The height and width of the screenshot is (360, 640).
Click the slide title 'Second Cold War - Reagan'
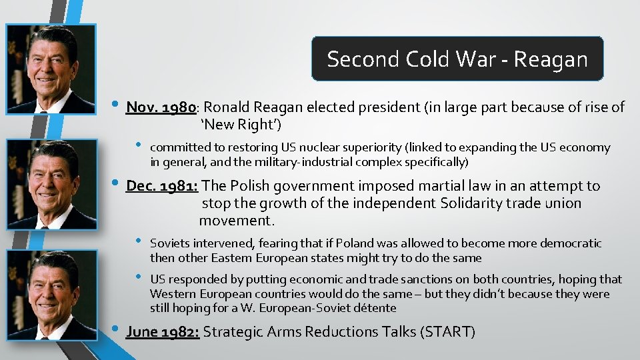tap(457, 59)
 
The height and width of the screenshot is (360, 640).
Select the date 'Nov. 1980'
tap(160, 107)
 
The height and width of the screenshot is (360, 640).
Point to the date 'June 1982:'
tap(162, 331)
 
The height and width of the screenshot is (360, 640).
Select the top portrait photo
tap(51, 69)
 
